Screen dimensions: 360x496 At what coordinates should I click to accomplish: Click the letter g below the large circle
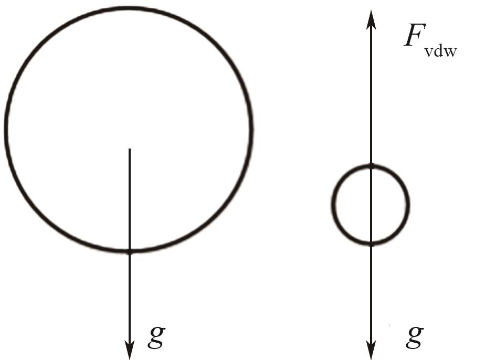[156, 337]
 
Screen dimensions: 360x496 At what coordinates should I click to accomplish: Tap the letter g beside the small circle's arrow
[415, 337]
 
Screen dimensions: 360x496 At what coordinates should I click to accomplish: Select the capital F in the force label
[414, 36]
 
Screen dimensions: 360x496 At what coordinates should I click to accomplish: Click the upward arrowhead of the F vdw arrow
[371, 18]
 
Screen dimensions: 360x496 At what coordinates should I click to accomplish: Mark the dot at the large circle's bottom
[130, 251]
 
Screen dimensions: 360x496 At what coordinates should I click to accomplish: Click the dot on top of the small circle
[371, 166]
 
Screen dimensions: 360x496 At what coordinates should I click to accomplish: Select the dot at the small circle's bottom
[371, 244]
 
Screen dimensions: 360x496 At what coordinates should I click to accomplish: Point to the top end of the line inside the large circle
[130, 150]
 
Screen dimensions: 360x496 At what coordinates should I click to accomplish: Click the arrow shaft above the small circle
[371, 94]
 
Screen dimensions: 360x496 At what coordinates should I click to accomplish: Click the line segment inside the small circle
[371, 205]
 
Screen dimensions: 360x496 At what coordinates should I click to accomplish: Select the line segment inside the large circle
[130, 199]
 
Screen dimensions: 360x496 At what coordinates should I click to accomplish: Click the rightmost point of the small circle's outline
[408, 205]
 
